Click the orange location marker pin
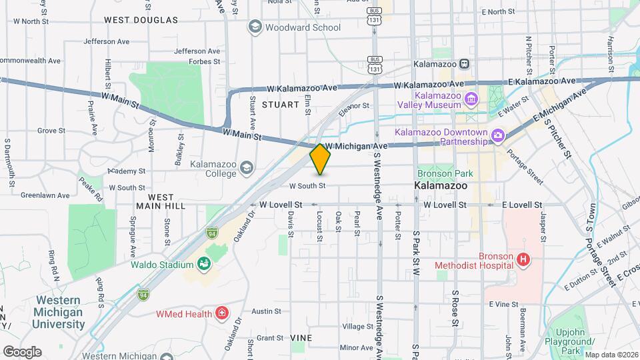(320, 159)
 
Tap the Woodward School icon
(254, 27)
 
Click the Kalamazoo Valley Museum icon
(472, 99)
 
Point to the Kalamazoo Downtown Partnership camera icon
(497, 137)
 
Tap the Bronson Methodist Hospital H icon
(523, 260)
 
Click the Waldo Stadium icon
(205, 264)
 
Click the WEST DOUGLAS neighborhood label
(141, 20)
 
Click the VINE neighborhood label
(301, 338)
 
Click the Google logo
(22, 351)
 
